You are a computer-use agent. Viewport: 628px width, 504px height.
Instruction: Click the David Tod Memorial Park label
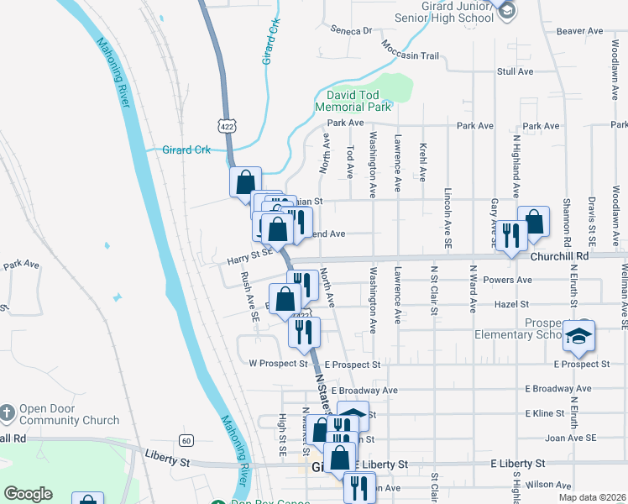[x=353, y=101]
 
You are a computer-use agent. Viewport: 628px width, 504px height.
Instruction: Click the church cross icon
[x=7, y=412]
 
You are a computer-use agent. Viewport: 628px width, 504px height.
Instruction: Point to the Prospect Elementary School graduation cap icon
[x=578, y=336]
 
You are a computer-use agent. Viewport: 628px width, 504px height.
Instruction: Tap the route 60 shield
[x=186, y=440]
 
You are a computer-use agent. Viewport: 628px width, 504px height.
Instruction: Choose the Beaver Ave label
[x=580, y=31]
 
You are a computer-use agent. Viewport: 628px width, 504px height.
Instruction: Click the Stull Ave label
[x=515, y=71]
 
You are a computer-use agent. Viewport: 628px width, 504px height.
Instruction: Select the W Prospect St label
[x=279, y=364]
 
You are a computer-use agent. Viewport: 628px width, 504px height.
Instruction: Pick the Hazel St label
[x=512, y=303]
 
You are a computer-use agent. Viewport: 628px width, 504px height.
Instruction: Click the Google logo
[x=28, y=494]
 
